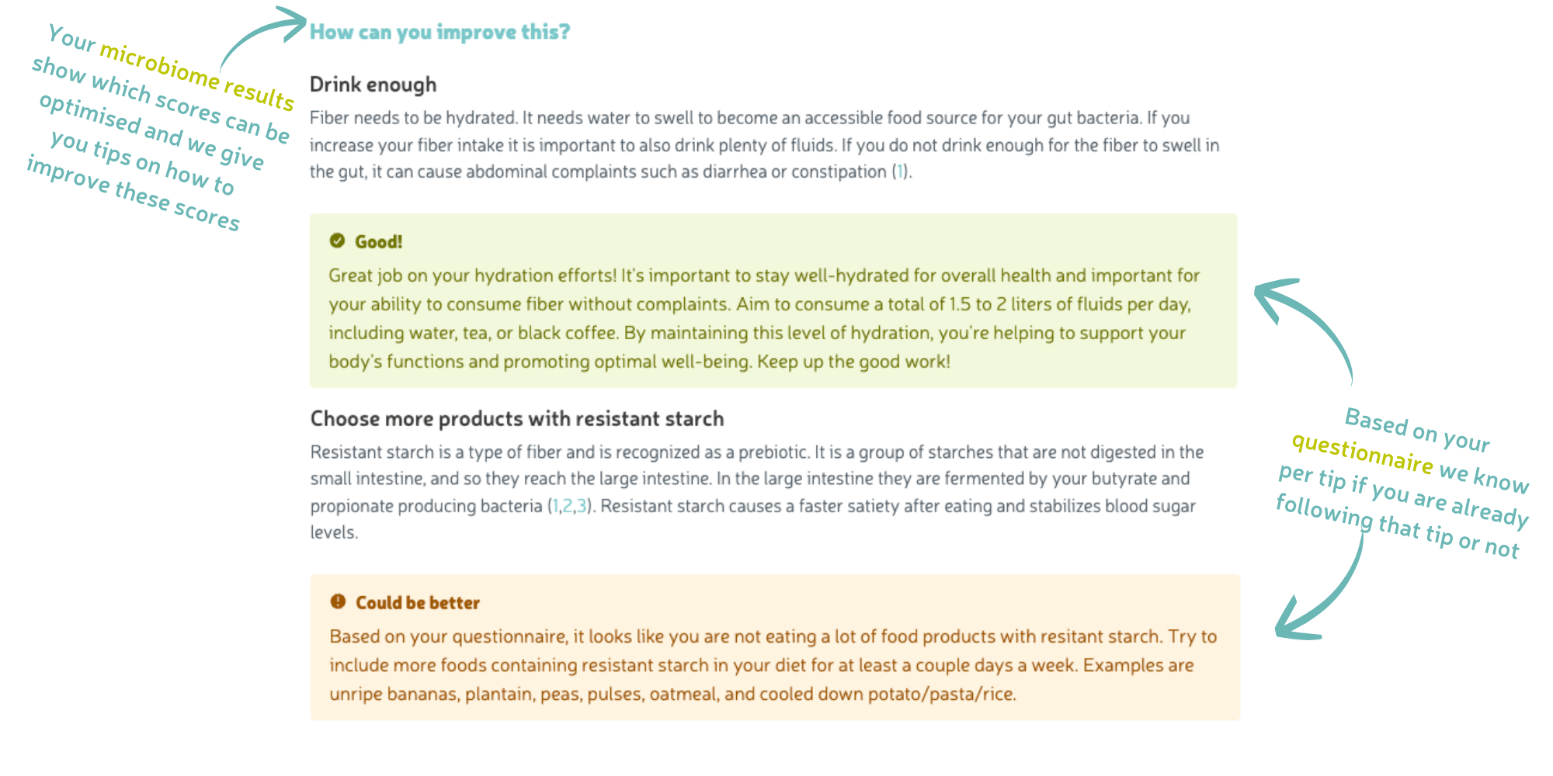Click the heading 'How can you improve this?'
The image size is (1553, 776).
tap(439, 32)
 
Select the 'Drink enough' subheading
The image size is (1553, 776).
tap(373, 85)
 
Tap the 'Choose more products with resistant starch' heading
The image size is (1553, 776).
tap(517, 419)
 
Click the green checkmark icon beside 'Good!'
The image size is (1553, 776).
tap(337, 241)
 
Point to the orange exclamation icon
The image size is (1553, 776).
tap(338, 601)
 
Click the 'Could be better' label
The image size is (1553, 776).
tap(418, 603)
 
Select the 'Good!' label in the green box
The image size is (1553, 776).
tap(379, 242)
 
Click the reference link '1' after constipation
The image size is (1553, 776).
tap(900, 172)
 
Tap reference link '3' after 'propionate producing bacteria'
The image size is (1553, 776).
tap(582, 507)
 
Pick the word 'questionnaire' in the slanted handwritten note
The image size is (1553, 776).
tap(1362, 453)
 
